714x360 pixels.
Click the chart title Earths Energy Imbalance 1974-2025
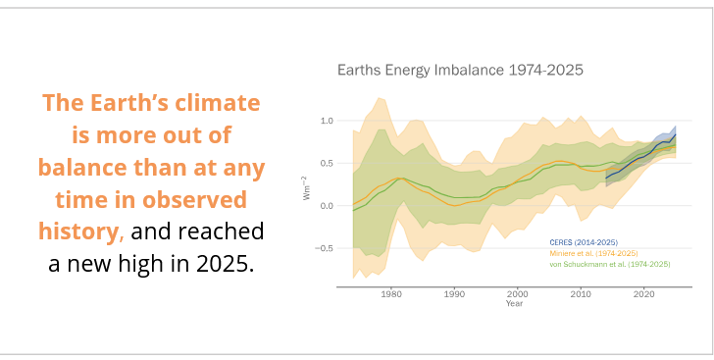coord(460,71)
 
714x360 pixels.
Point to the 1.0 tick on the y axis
coord(327,121)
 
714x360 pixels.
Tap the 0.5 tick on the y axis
coord(327,164)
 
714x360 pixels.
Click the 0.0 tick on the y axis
coord(327,206)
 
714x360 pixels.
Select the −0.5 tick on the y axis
coord(325,248)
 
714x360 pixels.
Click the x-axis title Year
coord(514,303)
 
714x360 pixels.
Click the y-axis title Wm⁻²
coord(307,188)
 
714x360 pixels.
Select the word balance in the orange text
coord(91,167)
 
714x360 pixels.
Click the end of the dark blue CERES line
coord(675,134)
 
